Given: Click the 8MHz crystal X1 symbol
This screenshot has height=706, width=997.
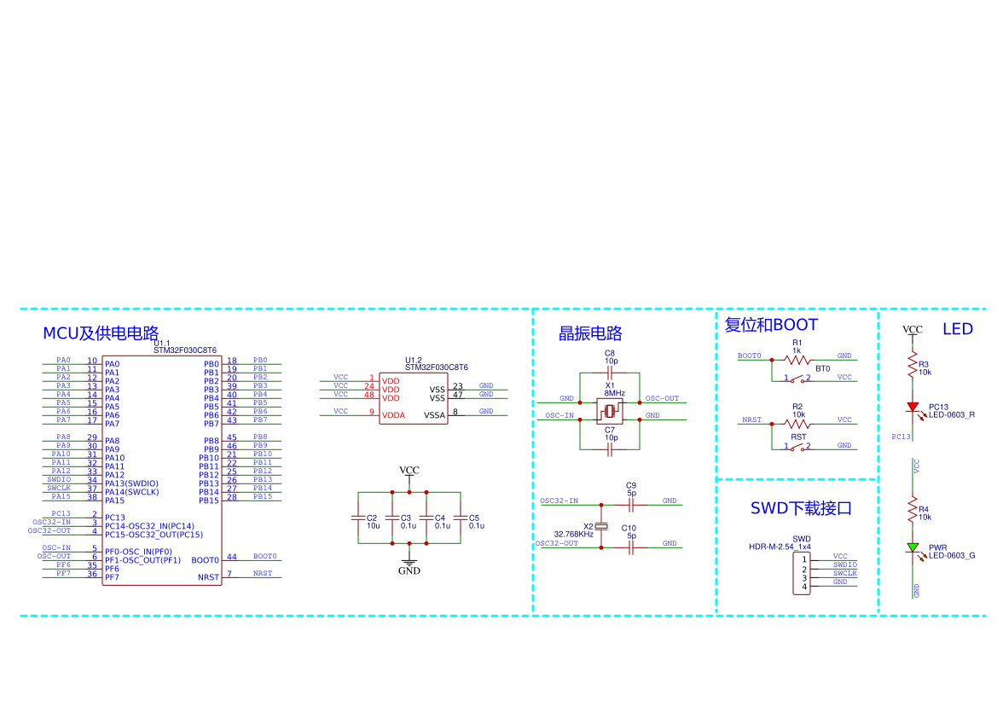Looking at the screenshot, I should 610,412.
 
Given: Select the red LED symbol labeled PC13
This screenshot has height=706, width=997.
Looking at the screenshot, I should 913,408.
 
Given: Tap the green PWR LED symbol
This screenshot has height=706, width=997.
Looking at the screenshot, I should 913,547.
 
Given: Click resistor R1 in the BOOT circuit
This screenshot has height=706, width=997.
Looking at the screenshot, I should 796,360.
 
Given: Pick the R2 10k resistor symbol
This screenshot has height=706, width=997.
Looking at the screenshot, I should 796,424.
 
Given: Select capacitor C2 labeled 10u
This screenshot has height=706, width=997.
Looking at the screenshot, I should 358,518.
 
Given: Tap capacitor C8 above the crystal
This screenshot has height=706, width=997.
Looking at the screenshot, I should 610,373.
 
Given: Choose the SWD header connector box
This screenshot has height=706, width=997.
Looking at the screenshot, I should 802,573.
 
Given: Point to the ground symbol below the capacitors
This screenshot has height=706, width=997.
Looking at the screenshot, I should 409,563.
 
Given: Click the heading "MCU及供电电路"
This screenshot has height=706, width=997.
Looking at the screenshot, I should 101,333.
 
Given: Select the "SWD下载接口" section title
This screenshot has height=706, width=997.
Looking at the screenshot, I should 801,509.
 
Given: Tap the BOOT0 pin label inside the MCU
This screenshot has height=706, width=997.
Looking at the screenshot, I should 205,560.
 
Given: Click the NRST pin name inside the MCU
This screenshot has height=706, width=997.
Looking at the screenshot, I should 208,577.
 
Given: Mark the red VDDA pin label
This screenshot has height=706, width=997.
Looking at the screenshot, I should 391,415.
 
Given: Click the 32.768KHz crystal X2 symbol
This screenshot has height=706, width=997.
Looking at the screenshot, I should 601,527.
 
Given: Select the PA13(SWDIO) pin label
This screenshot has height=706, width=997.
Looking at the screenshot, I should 131,483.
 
